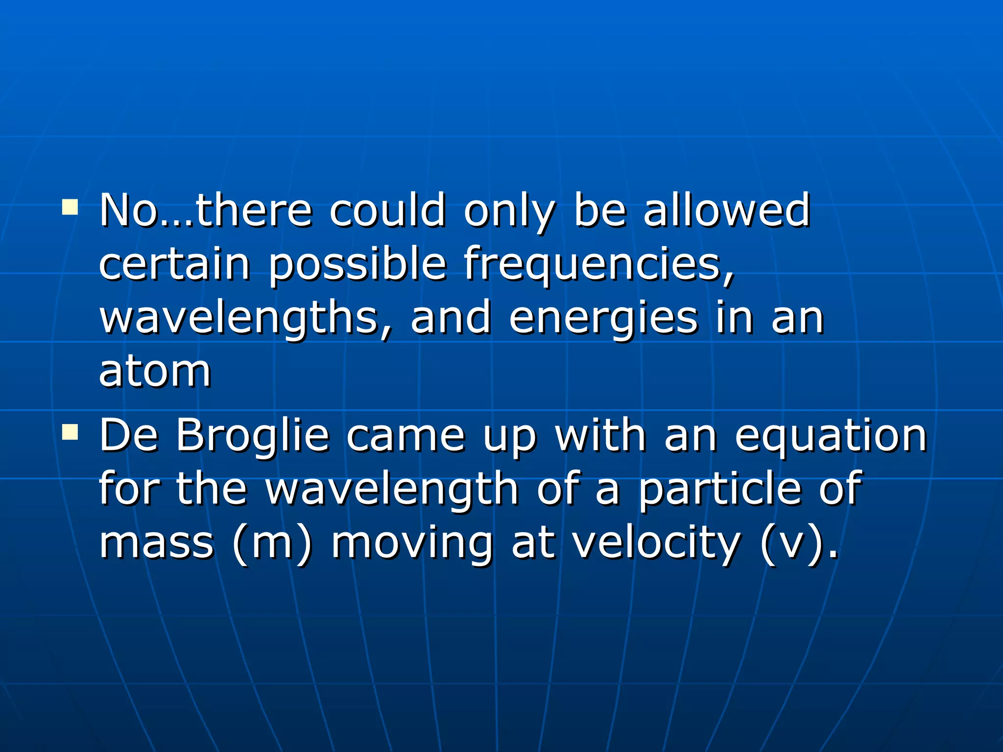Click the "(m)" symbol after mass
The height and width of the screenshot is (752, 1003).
[x=272, y=543]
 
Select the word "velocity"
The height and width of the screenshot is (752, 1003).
[x=656, y=543]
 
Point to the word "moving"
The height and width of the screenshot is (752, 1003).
[x=412, y=543]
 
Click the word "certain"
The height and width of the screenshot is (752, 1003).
[x=175, y=264]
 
